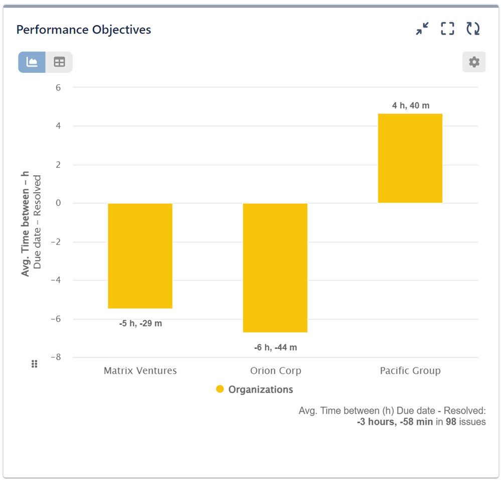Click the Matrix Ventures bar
[x=140, y=256]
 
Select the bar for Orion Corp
[x=275, y=268]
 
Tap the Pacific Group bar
[x=410, y=158]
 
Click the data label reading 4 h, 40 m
[x=411, y=105]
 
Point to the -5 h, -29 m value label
[x=140, y=323]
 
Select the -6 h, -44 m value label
[x=275, y=347]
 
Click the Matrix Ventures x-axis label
[x=140, y=371]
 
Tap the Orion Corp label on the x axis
[x=275, y=371]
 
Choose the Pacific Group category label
[x=410, y=371]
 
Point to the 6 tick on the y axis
[x=58, y=87]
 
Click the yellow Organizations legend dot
[x=220, y=389]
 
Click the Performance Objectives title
[x=84, y=30]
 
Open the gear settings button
[x=474, y=62]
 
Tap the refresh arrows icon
[x=473, y=29]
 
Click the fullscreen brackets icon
[x=447, y=29]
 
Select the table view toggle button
[x=59, y=62]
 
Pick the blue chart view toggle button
[x=32, y=62]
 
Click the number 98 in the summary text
[x=451, y=422]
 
